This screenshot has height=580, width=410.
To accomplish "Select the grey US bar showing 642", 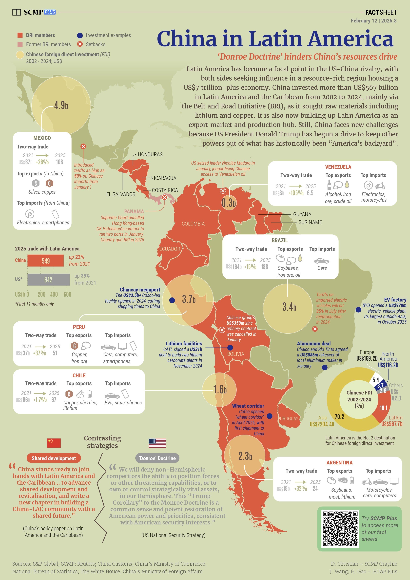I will click(x=48, y=280).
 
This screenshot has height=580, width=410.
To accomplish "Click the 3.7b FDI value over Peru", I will click(x=189, y=299).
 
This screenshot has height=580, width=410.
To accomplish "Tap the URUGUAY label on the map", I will click(x=289, y=419).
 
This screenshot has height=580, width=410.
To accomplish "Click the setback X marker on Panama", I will click(x=164, y=198).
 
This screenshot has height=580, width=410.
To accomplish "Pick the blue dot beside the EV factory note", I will click(x=358, y=310).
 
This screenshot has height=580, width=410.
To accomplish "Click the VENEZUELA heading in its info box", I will click(x=338, y=167).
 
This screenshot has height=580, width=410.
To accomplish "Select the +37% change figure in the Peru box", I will click(x=40, y=353).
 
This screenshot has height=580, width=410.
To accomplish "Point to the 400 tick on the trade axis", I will click(x=54, y=294).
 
